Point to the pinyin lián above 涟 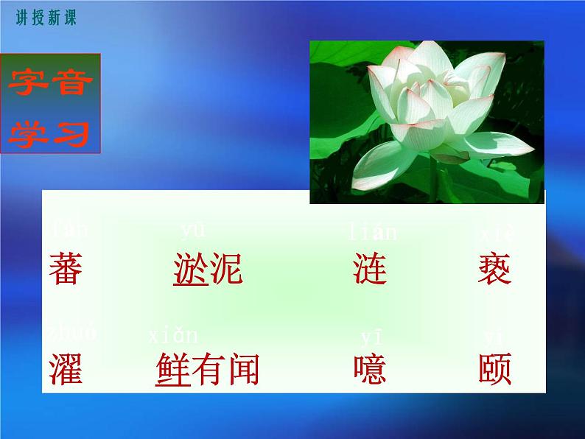coord(372,233)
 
